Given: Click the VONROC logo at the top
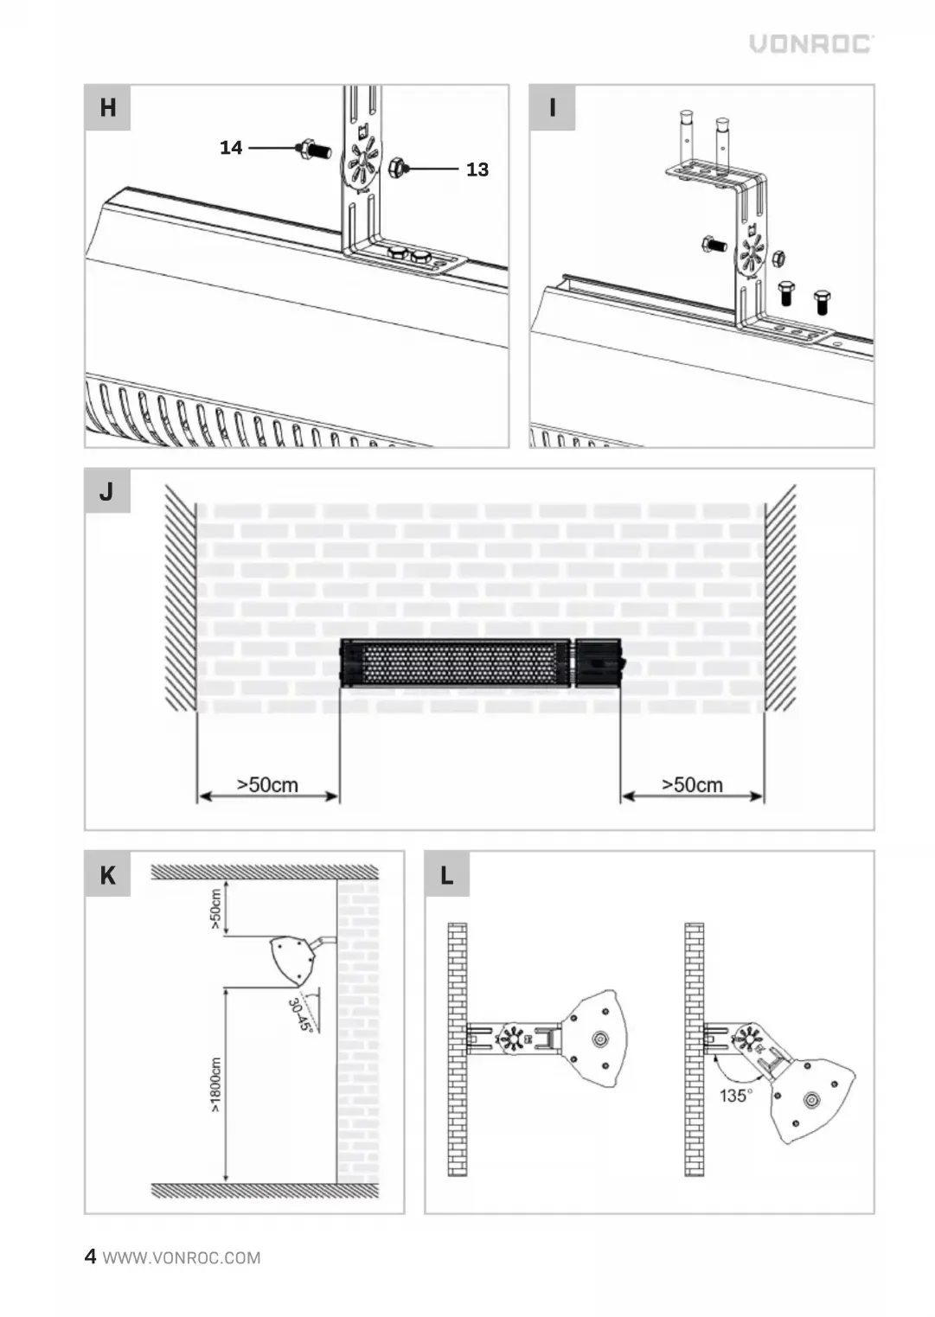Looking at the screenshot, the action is pos(811,44).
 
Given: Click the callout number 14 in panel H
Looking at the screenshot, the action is pos(231,148).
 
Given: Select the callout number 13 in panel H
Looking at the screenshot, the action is pos(477,169).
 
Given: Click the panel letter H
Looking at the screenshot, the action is pos(107,107).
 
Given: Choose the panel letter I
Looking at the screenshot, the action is pos(552,107).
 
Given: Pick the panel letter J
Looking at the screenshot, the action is pos(106,491).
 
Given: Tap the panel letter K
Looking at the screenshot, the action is pos(107,875).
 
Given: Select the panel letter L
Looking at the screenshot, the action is pos(447,875).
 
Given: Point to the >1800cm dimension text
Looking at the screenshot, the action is pos(216,1085).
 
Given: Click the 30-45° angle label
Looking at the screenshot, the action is pos(299,1015).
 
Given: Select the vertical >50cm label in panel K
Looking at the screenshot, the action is pos(216,909).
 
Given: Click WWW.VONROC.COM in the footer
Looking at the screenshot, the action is pos(182,1257).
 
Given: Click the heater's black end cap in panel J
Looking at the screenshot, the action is pos(599,662).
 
